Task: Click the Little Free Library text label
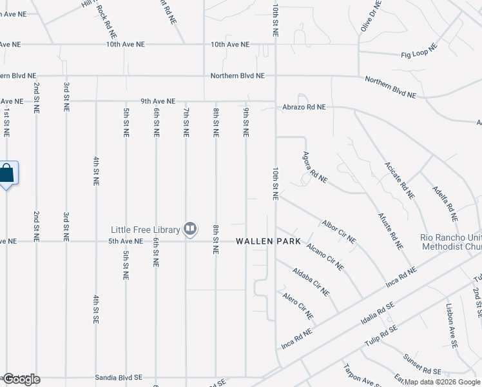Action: [x=146, y=230]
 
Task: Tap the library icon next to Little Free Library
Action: [x=190, y=229]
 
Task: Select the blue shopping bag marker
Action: [x=7, y=173]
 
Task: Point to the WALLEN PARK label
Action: [x=268, y=241]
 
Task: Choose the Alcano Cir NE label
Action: [x=325, y=257]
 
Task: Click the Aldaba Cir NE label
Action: [x=311, y=281]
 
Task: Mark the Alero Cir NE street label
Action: [x=298, y=305]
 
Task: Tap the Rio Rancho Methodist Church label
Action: [x=450, y=242]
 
